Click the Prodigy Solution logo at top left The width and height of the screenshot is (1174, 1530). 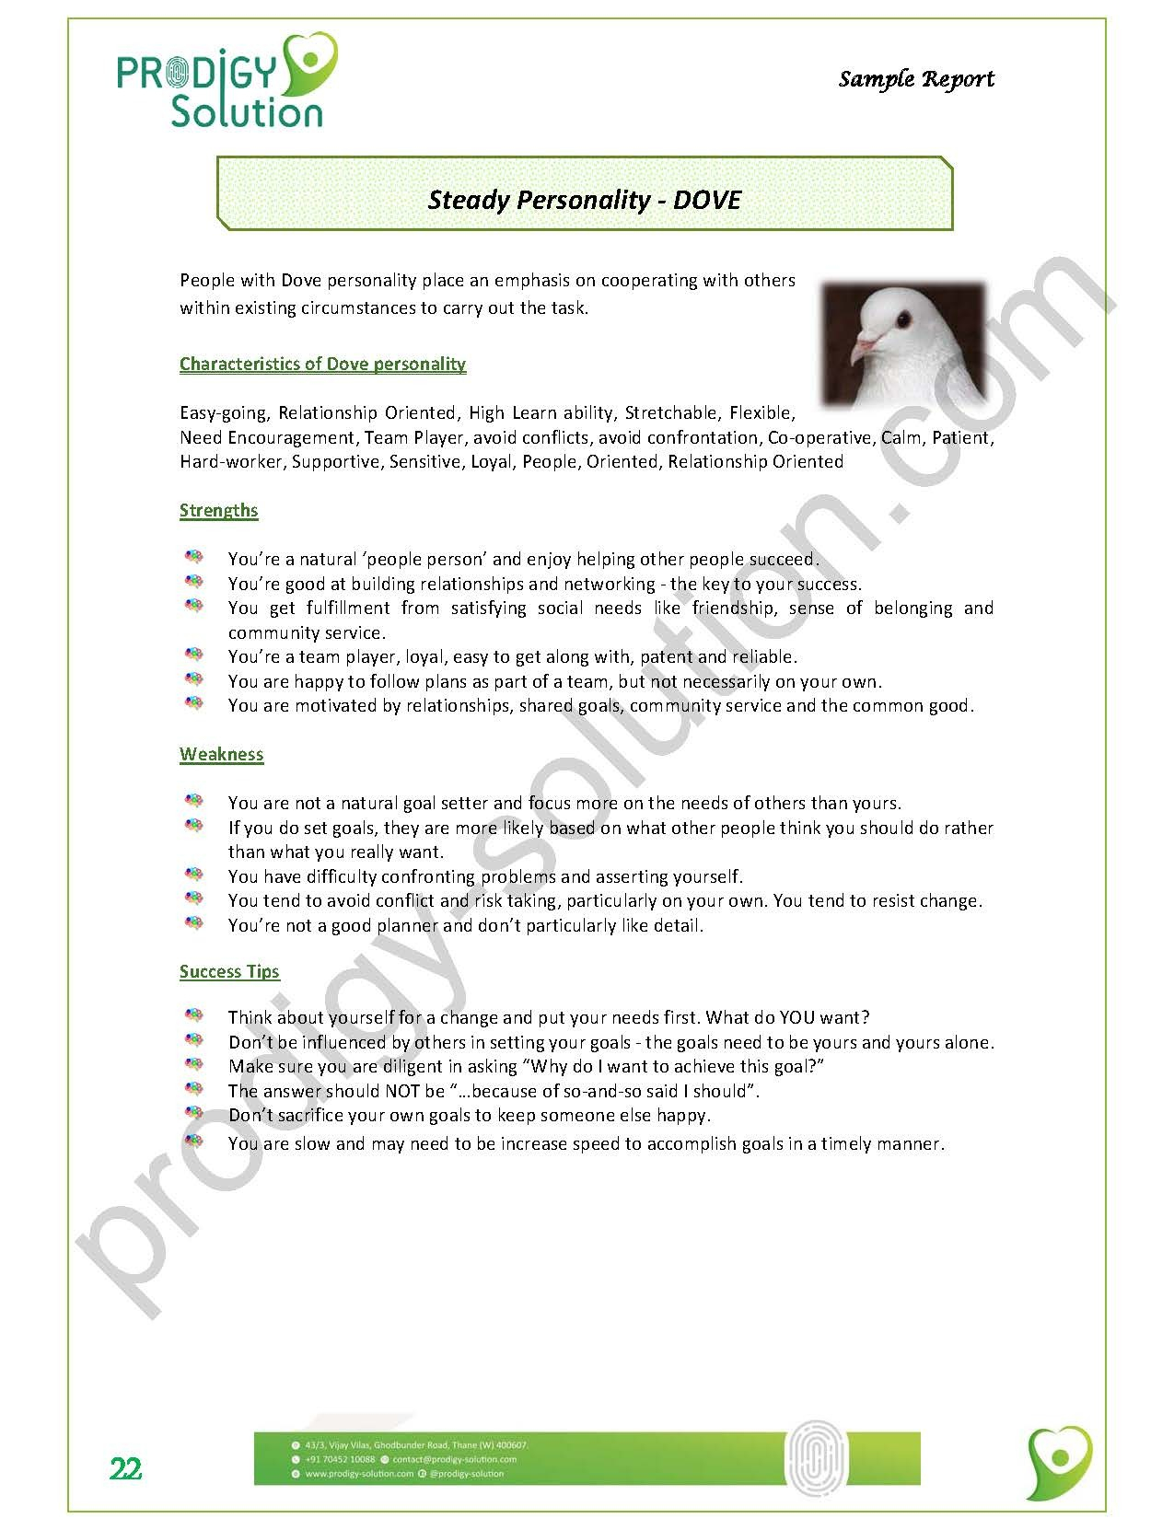pos(227,80)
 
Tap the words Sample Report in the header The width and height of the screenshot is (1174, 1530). pos(915,79)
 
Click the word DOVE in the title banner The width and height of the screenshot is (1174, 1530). pos(706,200)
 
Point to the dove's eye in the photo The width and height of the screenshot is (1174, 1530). pos(902,320)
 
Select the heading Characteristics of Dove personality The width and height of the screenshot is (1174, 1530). pos(322,364)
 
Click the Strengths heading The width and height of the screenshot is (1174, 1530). pos(218,510)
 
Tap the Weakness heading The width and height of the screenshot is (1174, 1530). pos(221,754)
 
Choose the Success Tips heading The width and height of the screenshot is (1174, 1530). pos(229,971)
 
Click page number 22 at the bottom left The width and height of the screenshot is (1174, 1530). pos(126,1469)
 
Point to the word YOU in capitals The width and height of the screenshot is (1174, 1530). pos(797,1017)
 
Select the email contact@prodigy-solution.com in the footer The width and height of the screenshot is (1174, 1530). pos(454,1459)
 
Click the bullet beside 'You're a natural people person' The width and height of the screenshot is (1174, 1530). pos(193,558)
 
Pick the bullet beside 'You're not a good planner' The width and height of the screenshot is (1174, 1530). pos(193,923)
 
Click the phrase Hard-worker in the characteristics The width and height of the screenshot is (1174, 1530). pos(231,461)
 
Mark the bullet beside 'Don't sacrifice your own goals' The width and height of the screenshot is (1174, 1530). pos(193,1114)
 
